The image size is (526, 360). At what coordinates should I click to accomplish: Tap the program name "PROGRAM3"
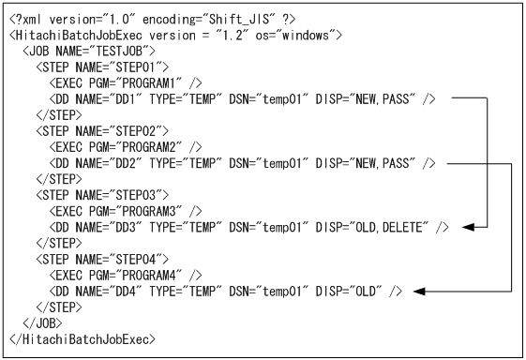pos(150,211)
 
